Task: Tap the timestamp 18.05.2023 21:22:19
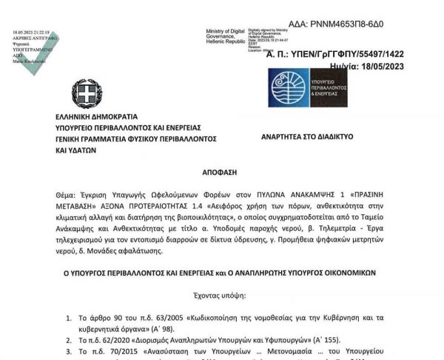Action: (x=31, y=33)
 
